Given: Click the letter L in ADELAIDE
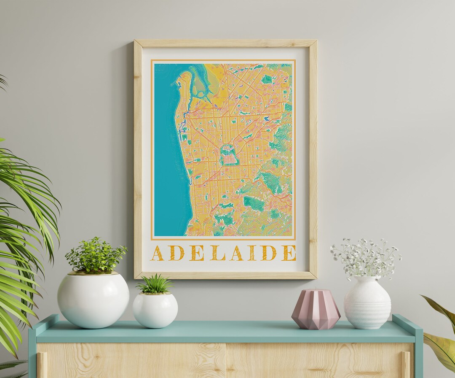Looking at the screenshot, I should (x=218, y=253).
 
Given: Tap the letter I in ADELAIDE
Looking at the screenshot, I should (x=252, y=253).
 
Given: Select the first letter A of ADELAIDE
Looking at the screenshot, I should (x=157, y=253).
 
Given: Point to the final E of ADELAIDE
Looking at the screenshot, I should (x=289, y=253).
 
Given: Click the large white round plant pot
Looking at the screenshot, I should (x=93, y=300).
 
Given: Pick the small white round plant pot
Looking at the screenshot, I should (x=155, y=310).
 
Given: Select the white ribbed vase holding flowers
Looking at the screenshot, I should (x=367, y=303).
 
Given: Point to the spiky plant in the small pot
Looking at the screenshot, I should (x=155, y=285).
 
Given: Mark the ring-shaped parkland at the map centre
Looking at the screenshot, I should (x=229, y=155).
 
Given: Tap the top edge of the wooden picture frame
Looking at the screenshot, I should (x=225, y=43).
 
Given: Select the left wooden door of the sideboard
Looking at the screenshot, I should (x=131, y=361).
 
